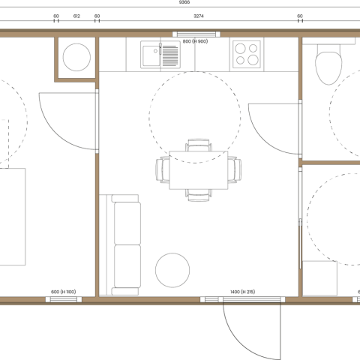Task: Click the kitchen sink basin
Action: (151, 55)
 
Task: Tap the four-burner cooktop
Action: (247, 55)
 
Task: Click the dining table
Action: (199, 170)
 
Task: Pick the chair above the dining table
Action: (199, 145)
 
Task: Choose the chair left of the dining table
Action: (163, 169)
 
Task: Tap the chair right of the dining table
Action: (235, 169)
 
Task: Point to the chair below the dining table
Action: (199, 195)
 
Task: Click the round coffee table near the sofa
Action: (172, 270)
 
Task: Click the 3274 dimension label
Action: (199, 16)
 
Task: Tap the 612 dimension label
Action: (76, 16)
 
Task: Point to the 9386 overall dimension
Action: (184, 2)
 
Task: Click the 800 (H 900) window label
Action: (195, 41)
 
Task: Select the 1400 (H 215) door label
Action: (243, 292)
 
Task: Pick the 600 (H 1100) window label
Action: (63, 292)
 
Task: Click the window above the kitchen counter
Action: (196, 34)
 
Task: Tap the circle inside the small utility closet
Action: (76, 57)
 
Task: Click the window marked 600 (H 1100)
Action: (64, 299)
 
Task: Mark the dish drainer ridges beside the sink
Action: (170, 55)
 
